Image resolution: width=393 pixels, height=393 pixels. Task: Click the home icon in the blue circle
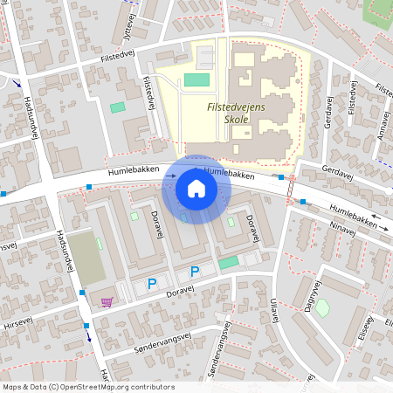[196, 188]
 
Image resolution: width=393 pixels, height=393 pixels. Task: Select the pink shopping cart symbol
[107, 302]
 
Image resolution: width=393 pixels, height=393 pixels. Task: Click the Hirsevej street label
[17, 322]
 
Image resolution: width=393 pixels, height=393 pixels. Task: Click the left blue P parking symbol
[151, 284]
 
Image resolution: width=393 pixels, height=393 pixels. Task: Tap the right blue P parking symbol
[195, 272]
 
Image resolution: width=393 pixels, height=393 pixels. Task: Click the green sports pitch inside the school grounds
[196, 80]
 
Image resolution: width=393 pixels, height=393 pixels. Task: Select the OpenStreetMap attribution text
[88, 387]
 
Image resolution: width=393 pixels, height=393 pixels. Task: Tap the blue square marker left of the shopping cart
[83, 292]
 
